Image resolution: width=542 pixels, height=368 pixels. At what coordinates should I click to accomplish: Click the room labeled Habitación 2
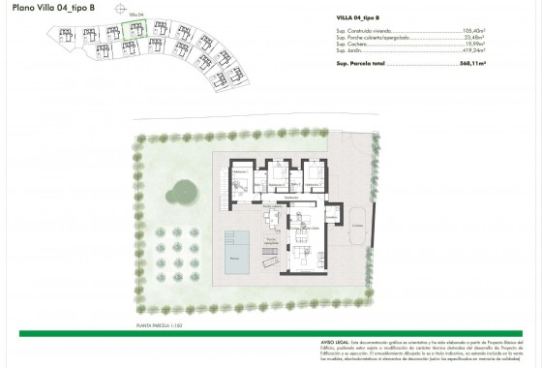280,180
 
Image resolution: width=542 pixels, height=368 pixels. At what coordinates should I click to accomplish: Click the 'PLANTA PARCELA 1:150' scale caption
165,325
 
